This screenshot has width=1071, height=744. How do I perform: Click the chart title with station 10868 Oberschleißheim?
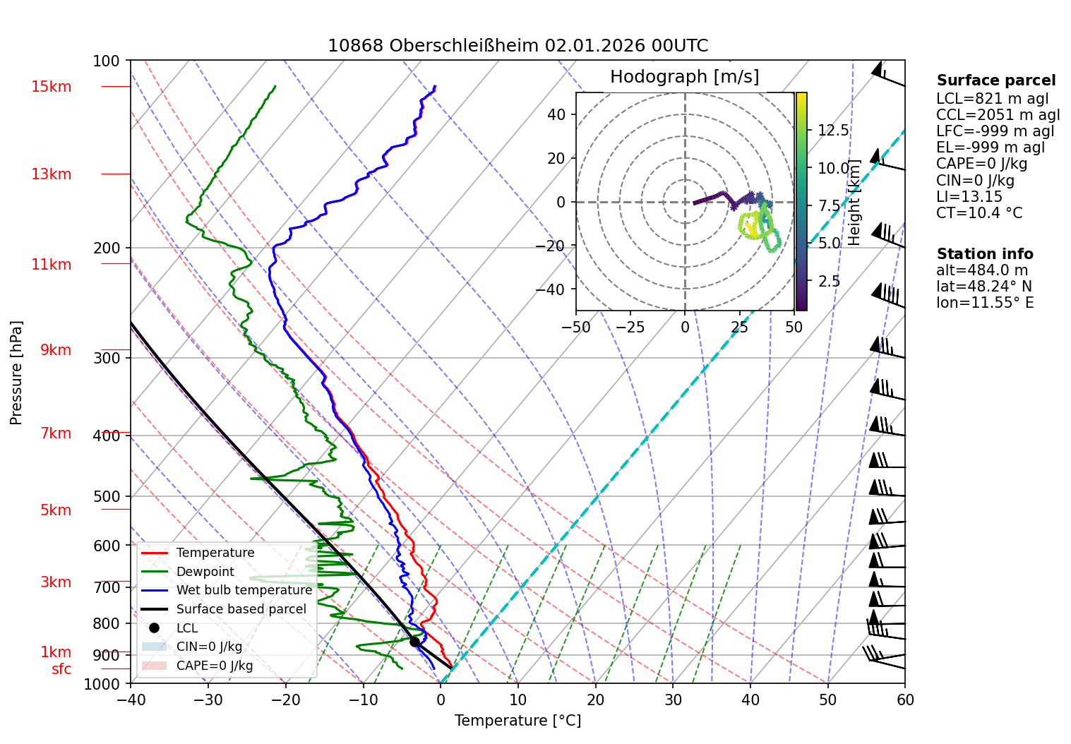click(x=517, y=46)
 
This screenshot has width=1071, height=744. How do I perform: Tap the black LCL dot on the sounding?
click(x=414, y=642)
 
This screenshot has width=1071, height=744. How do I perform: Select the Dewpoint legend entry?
click(x=205, y=572)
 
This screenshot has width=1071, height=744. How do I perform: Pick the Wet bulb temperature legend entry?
click(x=244, y=590)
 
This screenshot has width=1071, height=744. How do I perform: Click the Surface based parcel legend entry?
click(x=241, y=609)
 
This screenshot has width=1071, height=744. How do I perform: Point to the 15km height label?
click(x=51, y=87)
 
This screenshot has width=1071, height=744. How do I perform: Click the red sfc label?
click(x=61, y=669)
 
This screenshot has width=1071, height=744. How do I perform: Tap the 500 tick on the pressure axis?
click(x=107, y=496)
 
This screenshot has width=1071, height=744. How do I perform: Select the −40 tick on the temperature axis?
click(x=131, y=700)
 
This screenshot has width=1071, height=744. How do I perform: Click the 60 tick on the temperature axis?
click(x=905, y=700)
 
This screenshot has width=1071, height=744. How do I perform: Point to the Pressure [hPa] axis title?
click(x=16, y=373)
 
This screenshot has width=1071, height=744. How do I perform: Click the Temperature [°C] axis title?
click(x=517, y=721)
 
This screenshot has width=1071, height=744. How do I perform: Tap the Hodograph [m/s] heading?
click(x=684, y=77)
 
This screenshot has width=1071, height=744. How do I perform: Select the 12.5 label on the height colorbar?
click(x=833, y=130)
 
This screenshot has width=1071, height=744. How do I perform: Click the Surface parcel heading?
click(x=996, y=80)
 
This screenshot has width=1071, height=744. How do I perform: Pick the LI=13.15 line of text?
click(x=969, y=197)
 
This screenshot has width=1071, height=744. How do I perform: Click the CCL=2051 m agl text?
click(x=998, y=115)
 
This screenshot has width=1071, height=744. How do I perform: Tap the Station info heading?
click(x=985, y=254)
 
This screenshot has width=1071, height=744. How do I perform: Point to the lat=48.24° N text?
click(x=983, y=287)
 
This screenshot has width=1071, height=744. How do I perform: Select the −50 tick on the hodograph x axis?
click(x=576, y=328)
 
